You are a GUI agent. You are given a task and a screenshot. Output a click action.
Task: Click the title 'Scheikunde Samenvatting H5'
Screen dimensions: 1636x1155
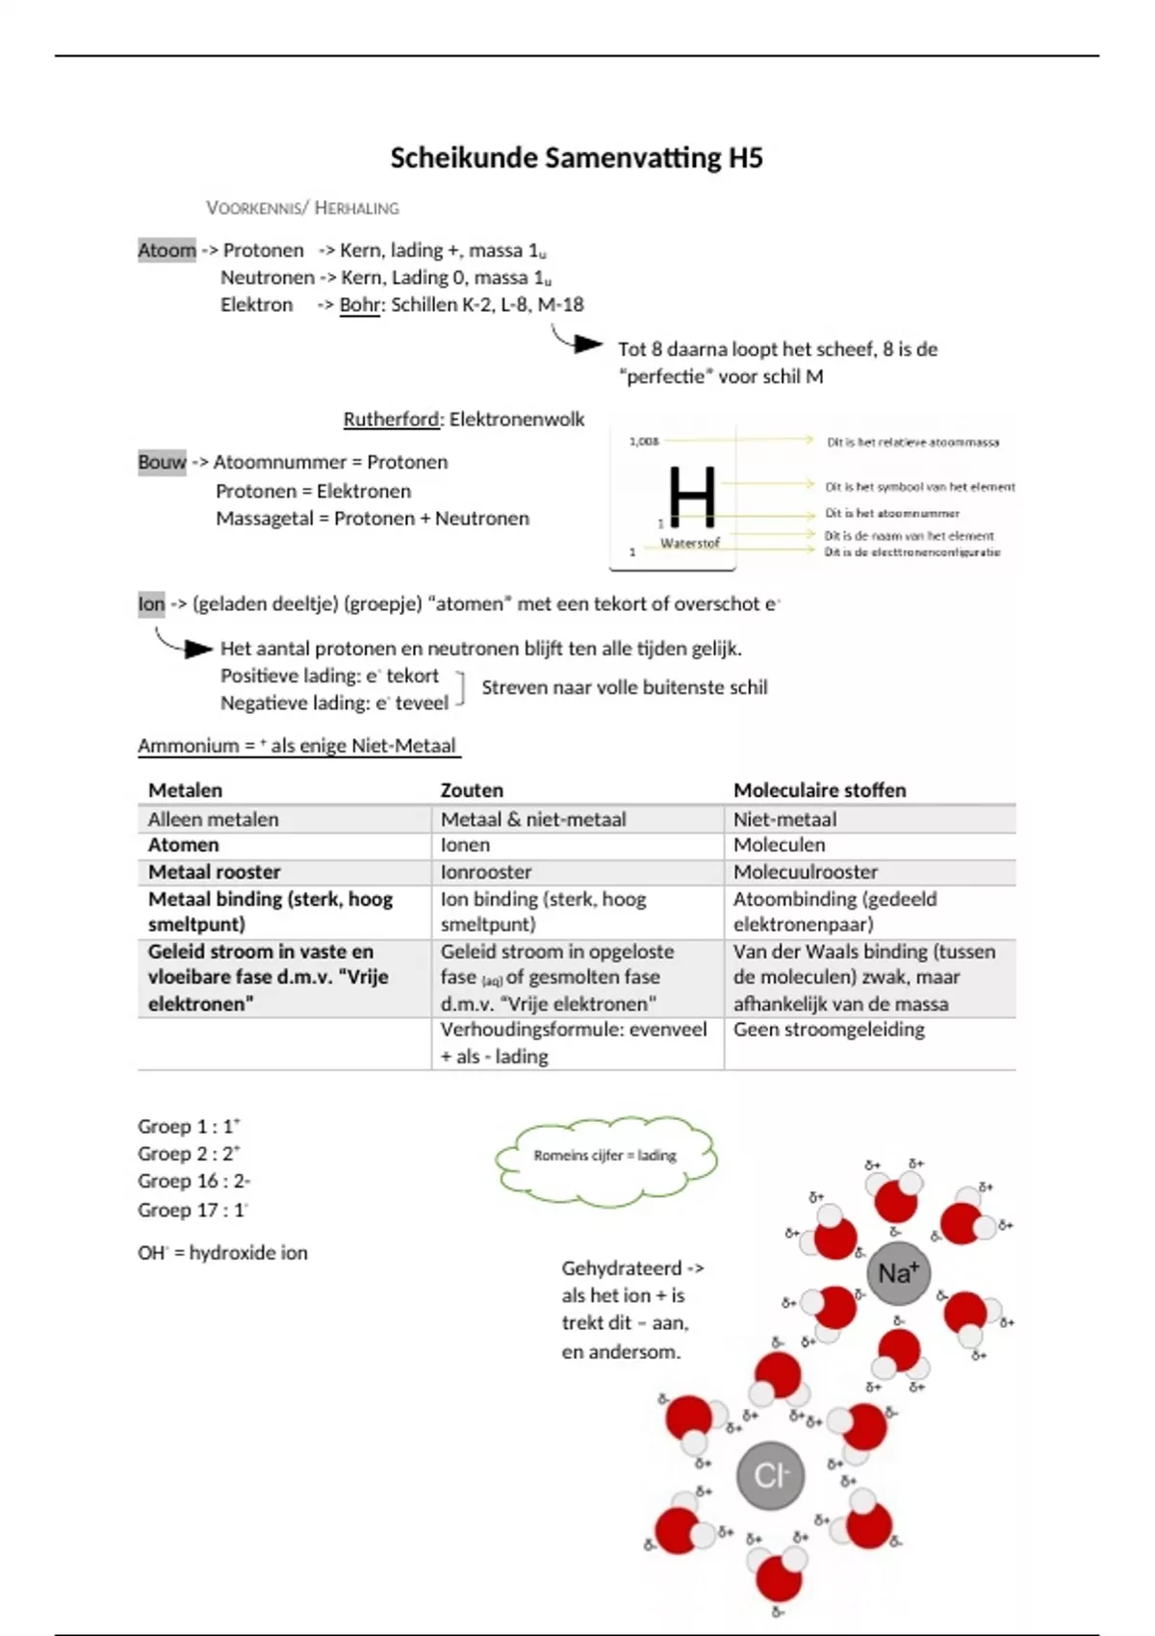(x=577, y=158)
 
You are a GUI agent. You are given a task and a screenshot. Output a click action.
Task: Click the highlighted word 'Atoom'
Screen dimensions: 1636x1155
(x=167, y=250)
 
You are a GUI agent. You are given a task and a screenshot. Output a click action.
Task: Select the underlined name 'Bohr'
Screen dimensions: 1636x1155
(x=361, y=305)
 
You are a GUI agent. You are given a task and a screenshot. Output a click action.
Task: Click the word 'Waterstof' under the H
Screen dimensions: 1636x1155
(x=690, y=544)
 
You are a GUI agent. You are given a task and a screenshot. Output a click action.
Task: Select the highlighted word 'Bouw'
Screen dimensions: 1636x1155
(x=162, y=462)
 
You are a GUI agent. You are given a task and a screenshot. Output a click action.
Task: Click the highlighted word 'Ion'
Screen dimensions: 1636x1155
(x=151, y=604)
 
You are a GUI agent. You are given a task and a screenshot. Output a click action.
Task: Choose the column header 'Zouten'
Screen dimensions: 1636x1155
(x=472, y=790)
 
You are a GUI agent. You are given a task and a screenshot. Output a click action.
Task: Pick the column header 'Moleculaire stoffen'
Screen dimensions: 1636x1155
(x=819, y=790)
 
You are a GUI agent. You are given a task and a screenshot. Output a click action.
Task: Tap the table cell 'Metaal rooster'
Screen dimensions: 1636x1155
(x=214, y=872)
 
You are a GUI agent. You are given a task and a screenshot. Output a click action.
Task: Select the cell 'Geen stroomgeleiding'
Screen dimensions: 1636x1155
(x=829, y=1030)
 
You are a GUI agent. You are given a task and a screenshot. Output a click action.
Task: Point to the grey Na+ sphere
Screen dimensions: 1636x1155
(x=898, y=1273)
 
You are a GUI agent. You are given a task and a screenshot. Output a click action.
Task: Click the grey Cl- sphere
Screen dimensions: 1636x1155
(x=771, y=1475)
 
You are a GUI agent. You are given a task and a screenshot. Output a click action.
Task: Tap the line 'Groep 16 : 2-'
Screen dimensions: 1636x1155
(x=193, y=1181)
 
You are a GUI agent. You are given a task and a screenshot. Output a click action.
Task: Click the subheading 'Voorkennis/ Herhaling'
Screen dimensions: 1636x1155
(x=302, y=208)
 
